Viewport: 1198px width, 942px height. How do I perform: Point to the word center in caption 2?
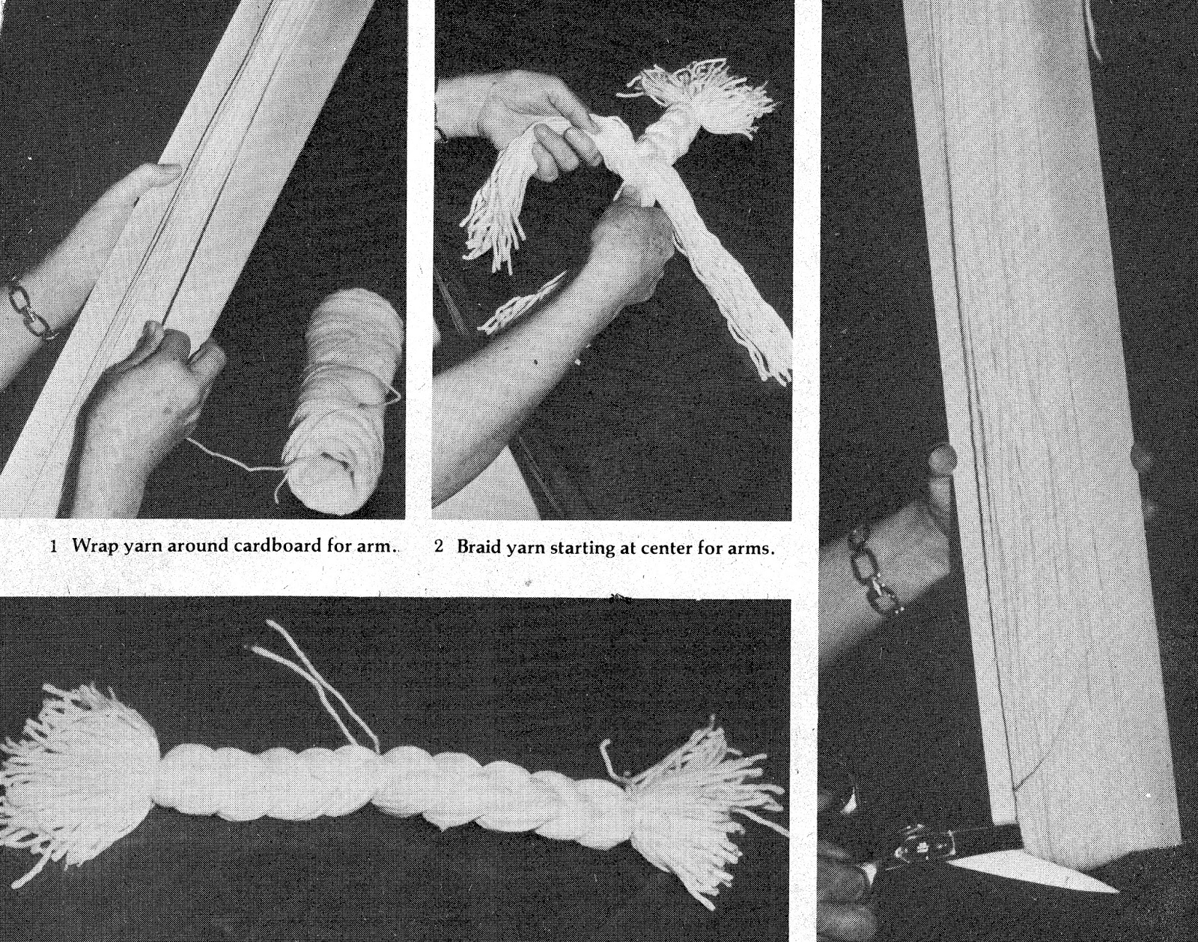[x=663, y=549]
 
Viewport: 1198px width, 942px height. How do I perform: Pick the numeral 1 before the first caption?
[x=53, y=546]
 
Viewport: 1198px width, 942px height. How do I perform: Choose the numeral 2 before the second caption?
[x=439, y=547]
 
